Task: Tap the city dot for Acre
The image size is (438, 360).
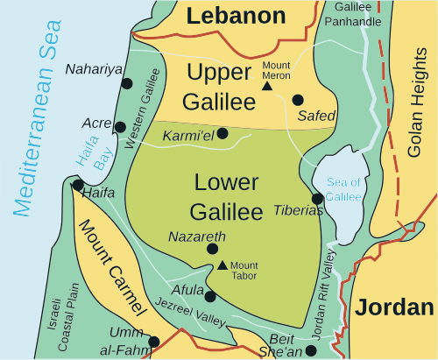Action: [x=120, y=127]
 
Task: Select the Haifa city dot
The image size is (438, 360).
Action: [x=78, y=185]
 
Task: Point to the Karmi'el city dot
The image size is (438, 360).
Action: [x=223, y=133]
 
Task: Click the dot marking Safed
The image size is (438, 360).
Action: [x=298, y=100]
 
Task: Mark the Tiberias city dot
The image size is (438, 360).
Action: [x=317, y=199]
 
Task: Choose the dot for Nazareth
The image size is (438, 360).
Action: [x=212, y=250]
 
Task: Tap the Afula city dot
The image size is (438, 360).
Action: [x=210, y=295]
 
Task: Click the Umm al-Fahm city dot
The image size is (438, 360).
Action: [x=154, y=342]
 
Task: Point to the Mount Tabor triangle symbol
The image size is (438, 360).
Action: [x=223, y=265]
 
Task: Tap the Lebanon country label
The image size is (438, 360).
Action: [x=237, y=16]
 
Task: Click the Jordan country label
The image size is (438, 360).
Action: [x=394, y=307]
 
